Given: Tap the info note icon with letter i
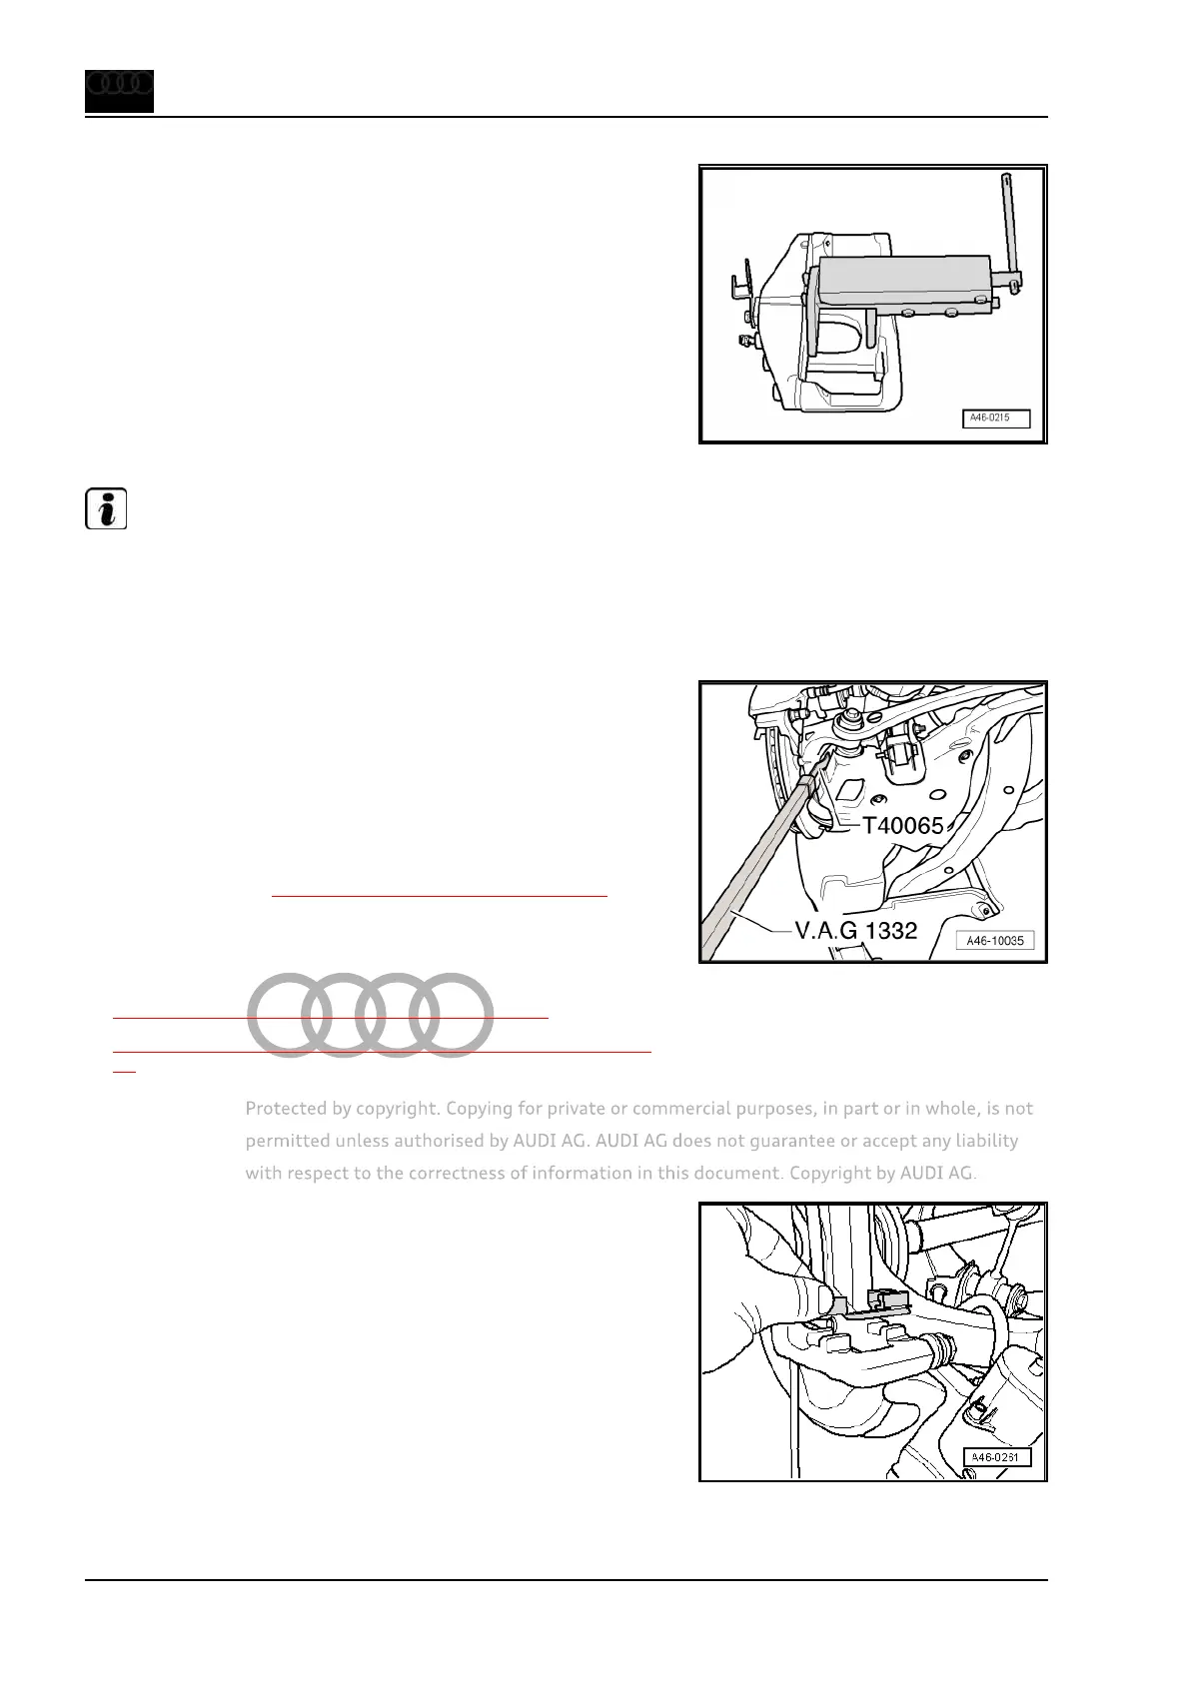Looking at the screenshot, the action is pyautogui.click(x=104, y=509).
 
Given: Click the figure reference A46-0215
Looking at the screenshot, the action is pyautogui.click(x=995, y=419).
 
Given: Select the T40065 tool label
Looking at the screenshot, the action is pyautogui.click(x=902, y=825).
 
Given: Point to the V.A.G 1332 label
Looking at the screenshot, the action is pyautogui.click(x=855, y=931).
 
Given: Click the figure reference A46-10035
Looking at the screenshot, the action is pyautogui.click(x=995, y=940).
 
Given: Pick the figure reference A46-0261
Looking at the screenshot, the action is pyautogui.click(x=996, y=1457).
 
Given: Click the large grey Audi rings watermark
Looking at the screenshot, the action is pyautogui.click(x=371, y=1014).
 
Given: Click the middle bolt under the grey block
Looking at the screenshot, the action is pyautogui.click(x=949, y=314).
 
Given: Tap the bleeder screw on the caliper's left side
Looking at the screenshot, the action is pyautogui.click(x=743, y=341).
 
